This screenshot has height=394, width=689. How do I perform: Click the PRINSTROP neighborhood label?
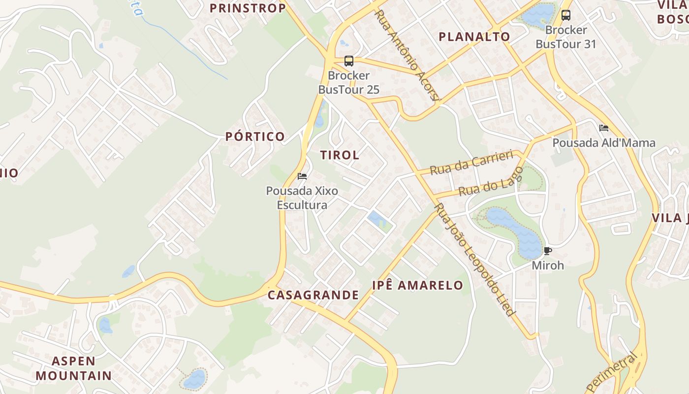click(248, 8)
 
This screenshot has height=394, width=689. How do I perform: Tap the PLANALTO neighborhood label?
click(474, 36)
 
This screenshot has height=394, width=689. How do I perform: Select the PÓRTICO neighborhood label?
click(255, 136)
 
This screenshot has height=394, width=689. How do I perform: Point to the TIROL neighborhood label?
click(340, 155)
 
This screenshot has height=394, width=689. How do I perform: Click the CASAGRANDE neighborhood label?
click(313, 295)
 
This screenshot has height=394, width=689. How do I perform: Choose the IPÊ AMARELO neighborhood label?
click(417, 285)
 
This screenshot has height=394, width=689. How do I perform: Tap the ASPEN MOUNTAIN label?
click(74, 368)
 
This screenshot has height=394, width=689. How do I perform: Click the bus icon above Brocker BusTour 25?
click(349, 61)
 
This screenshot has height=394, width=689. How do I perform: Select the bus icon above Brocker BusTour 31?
click(566, 15)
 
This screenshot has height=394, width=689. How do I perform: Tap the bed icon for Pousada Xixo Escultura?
click(302, 176)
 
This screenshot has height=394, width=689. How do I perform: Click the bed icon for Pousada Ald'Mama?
click(604, 128)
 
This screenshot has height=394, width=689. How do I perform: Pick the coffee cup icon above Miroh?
click(547, 251)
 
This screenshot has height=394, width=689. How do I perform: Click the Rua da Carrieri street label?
click(471, 163)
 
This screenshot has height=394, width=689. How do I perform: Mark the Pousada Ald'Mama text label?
click(604, 143)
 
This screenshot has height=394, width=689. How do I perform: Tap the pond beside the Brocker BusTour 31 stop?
click(538, 14)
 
